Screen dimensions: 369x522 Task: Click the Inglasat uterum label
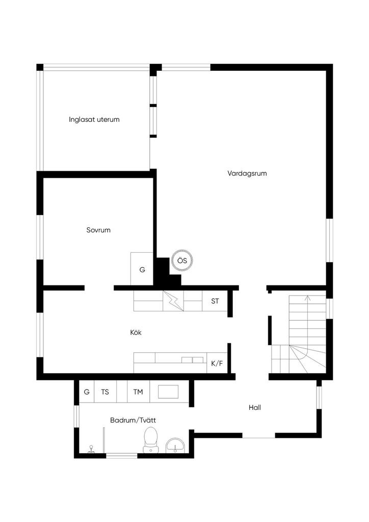(x=94, y=119)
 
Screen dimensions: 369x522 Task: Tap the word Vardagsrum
(x=247, y=173)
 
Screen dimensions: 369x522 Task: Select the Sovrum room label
(x=98, y=230)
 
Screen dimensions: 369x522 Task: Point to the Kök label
(x=136, y=332)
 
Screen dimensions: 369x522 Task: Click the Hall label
(x=255, y=407)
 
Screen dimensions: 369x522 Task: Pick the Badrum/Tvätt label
(x=133, y=420)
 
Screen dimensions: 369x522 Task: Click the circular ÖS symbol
(x=182, y=260)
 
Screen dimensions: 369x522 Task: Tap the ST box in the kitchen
(x=215, y=301)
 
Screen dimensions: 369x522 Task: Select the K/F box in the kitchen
(x=217, y=363)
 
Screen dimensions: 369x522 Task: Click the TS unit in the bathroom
(x=105, y=392)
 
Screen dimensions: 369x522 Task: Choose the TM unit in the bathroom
(x=138, y=392)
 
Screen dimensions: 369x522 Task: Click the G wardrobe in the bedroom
(x=142, y=269)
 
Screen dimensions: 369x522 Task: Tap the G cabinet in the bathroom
(x=87, y=392)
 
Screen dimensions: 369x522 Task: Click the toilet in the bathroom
(x=150, y=440)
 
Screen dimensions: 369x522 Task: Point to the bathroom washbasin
(x=175, y=446)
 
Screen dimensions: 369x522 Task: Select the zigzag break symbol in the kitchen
(x=173, y=301)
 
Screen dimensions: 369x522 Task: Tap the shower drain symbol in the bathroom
(x=91, y=450)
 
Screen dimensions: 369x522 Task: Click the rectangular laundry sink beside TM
(x=168, y=391)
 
